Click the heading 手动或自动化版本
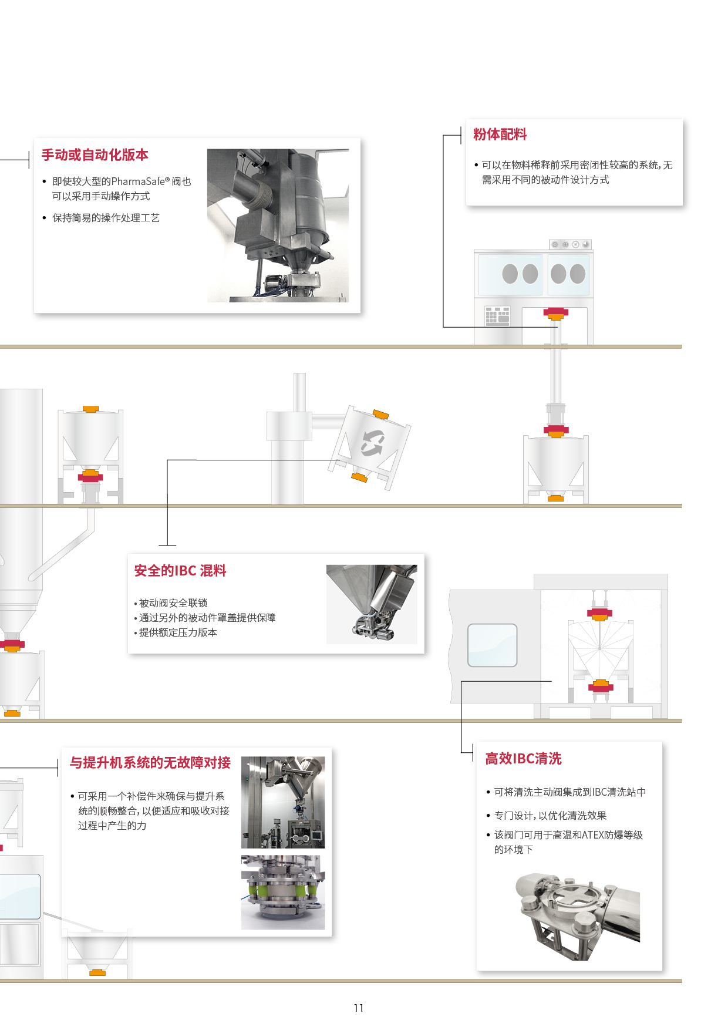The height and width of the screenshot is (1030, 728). (x=95, y=155)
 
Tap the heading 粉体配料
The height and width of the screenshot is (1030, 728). (x=500, y=134)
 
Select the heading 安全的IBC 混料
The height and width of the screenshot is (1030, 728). (x=180, y=571)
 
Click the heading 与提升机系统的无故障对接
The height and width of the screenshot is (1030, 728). (x=150, y=763)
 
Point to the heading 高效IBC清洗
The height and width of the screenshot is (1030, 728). (x=523, y=759)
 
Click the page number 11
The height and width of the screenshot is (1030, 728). (x=359, y=1008)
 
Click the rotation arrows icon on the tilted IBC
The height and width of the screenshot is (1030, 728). (x=372, y=443)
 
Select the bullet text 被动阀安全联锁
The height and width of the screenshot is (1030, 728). (x=173, y=603)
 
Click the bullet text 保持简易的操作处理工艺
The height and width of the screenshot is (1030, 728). (x=106, y=218)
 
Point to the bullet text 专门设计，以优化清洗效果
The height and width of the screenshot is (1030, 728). (x=550, y=816)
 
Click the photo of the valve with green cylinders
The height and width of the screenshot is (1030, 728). (x=283, y=892)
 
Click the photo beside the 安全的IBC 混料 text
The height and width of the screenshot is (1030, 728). (x=372, y=604)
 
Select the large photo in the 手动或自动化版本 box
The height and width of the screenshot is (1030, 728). (x=278, y=225)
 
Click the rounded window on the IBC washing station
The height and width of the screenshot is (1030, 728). (x=492, y=645)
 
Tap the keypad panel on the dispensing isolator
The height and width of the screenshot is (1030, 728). (x=497, y=316)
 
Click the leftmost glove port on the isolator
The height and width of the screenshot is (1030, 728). (x=510, y=274)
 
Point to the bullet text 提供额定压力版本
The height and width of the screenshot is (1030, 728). (x=178, y=632)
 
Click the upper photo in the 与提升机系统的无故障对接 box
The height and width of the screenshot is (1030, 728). (x=283, y=802)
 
